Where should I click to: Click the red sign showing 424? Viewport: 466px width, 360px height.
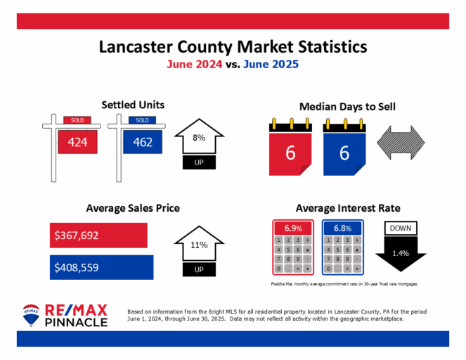click(77, 143)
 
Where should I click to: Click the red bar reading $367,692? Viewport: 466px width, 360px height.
click(98, 236)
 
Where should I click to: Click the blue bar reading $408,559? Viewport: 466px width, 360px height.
click(102, 267)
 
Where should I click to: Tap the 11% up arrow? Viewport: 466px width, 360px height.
click(198, 247)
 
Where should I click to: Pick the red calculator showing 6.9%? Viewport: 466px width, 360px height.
click(293, 247)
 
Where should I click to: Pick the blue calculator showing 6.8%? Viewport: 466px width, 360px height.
click(342, 247)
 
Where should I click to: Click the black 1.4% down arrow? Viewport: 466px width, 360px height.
click(401, 254)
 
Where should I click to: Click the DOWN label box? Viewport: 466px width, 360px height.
click(401, 229)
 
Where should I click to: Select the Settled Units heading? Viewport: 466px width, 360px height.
click(133, 105)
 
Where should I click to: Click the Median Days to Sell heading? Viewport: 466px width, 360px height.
click(347, 107)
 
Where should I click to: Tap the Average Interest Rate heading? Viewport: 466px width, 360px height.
click(348, 208)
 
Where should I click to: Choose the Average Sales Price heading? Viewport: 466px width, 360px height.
click(133, 208)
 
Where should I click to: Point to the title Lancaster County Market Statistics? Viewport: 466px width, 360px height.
click(233, 47)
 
